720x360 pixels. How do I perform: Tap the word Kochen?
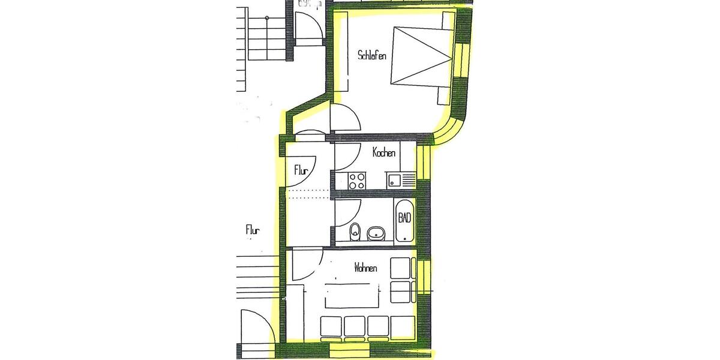click(x=384, y=152)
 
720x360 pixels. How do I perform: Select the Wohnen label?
click(x=365, y=268)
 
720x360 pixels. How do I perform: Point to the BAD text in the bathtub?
click(x=405, y=218)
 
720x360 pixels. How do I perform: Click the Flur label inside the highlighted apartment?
click(x=301, y=171)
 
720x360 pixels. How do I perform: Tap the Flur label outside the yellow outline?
click(x=253, y=229)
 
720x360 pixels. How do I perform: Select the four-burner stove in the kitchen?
click(x=357, y=180)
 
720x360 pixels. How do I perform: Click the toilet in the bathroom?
click(x=355, y=230)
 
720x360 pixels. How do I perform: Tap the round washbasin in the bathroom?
click(x=376, y=233)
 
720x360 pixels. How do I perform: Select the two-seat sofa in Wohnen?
click(x=401, y=280)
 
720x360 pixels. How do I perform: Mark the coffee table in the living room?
click(x=353, y=294)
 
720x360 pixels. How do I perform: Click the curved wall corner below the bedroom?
click(x=453, y=127)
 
